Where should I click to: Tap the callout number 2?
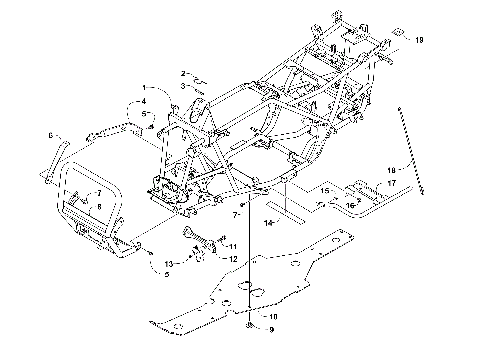[x=184, y=73]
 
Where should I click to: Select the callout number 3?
[x=184, y=87]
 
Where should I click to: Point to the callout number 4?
[x=142, y=101]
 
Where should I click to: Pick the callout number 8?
[x=98, y=205]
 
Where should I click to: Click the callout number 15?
[x=297, y=188]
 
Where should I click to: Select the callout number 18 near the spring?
[x=393, y=170]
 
